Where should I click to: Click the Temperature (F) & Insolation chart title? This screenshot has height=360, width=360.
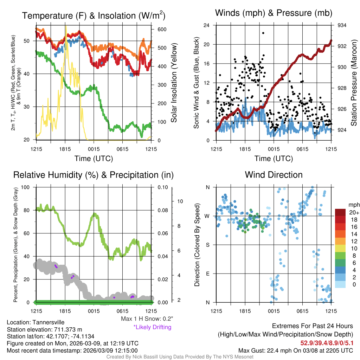point(94,16)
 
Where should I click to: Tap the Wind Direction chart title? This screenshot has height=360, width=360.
point(274,175)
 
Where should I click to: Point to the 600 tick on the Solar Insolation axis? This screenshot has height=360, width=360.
point(161,29)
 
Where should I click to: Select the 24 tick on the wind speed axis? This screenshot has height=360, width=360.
point(207,25)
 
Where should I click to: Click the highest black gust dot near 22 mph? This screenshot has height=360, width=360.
point(263,33)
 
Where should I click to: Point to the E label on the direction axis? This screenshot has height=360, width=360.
point(208,274)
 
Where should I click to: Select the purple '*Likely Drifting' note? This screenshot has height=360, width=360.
point(152,327)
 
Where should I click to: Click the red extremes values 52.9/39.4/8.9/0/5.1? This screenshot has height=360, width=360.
point(327,342)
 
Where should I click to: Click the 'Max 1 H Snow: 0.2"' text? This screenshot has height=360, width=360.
point(147,319)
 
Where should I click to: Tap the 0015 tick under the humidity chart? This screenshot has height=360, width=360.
point(94,311)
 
